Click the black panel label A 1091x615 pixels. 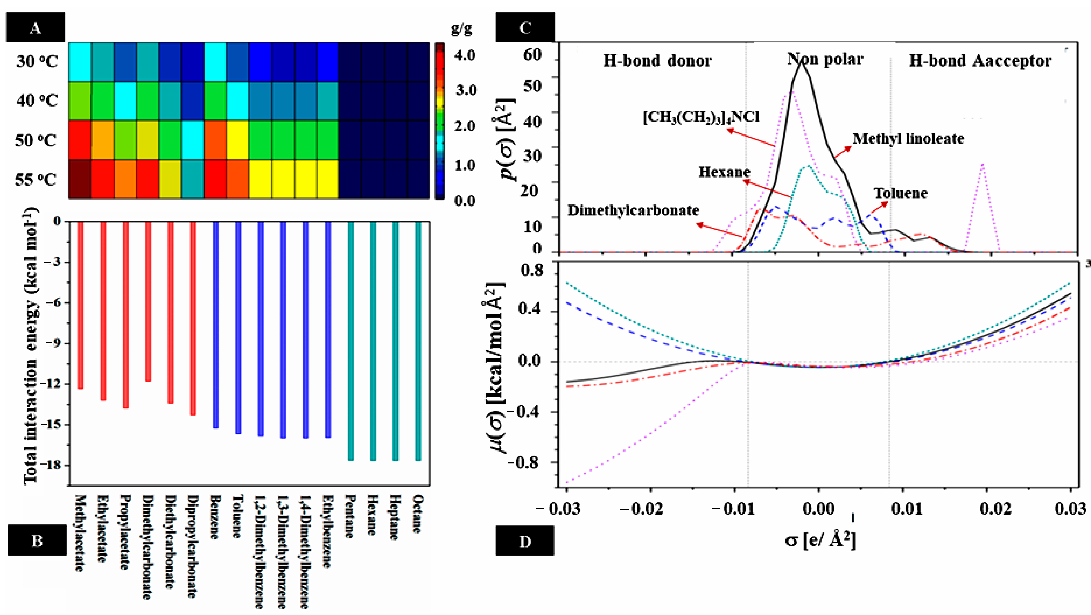36,28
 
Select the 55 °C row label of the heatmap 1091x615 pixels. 36,180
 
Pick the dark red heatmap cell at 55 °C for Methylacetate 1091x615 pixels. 80,179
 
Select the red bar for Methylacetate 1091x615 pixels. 80,305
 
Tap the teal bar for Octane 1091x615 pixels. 418,341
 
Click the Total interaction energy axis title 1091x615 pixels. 30,345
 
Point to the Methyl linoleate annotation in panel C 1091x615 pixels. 908,139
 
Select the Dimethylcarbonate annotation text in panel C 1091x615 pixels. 633,211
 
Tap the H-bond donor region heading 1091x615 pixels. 657,61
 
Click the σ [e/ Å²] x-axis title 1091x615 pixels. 820,541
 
